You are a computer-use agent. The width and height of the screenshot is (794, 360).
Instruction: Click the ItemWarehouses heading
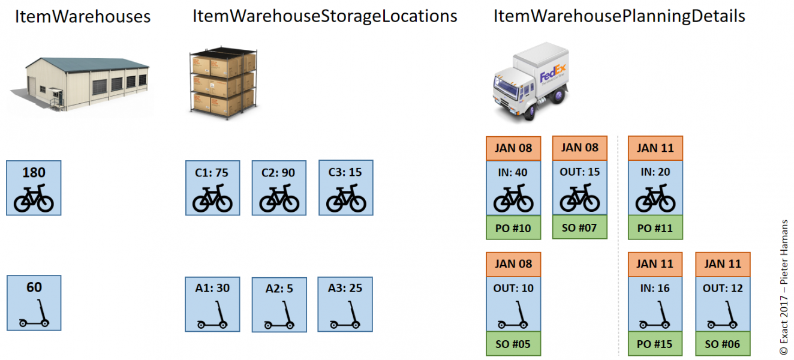pyautogui.click(x=82, y=16)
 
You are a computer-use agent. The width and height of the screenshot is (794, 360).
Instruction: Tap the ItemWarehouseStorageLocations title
pyautogui.click(x=324, y=16)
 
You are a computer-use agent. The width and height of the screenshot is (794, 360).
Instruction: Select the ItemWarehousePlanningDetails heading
pyautogui.click(x=619, y=16)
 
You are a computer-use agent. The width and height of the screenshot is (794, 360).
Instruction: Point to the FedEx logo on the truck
pyautogui.click(x=552, y=76)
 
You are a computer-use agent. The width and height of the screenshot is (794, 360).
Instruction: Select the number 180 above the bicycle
pyautogui.click(x=34, y=173)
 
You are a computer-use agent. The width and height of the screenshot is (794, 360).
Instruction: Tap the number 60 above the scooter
pyautogui.click(x=34, y=288)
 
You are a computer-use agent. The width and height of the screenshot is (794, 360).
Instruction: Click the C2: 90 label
pyautogui.click(x=279, y=173)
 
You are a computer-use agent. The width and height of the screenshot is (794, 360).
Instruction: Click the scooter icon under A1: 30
pyautogui.click(x=213, y=316)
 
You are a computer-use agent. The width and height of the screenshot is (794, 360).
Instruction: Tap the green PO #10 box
pyautogui.click(x=513, y=228)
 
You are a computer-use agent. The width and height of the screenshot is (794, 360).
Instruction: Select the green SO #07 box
pyautogui.click(x=580, y=227)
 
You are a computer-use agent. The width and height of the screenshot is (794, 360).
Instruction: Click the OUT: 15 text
pyautogui.click(x=580, y=172)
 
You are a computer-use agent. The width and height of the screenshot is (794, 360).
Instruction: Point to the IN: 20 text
pyautogui.click(x=655, y=172)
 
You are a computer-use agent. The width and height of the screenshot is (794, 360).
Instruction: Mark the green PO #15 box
pyautogui.click(x=655, y=344)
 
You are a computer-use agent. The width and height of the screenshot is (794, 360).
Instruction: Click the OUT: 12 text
pyautogui.click(x=723, y=288)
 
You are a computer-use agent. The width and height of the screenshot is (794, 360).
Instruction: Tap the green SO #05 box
pyautogui.click(x=513, y=344)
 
